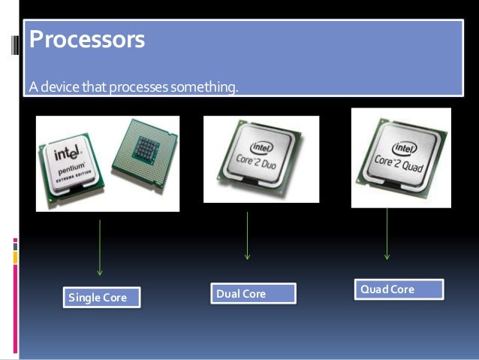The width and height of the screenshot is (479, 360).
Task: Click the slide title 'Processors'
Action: coord(86,40)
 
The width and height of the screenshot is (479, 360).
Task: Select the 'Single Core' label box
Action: coord(98,298)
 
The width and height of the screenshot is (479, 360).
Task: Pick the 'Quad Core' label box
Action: coord(400,289)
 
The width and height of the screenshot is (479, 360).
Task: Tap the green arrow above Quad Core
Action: coord(387,233)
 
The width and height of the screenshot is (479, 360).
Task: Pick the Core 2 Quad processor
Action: coord(402,158)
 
